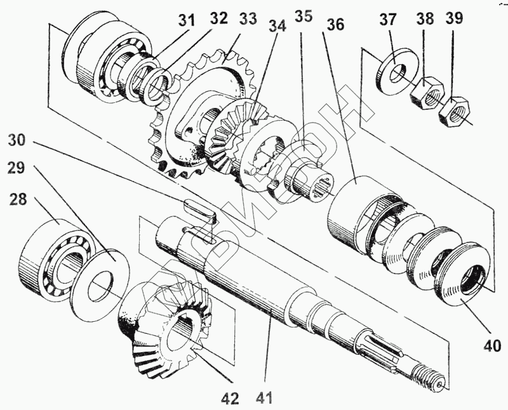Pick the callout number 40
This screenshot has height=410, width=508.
pos(492,346)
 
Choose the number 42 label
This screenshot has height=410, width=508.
pos(230,399)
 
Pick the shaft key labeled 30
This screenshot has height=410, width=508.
pos(200,210)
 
